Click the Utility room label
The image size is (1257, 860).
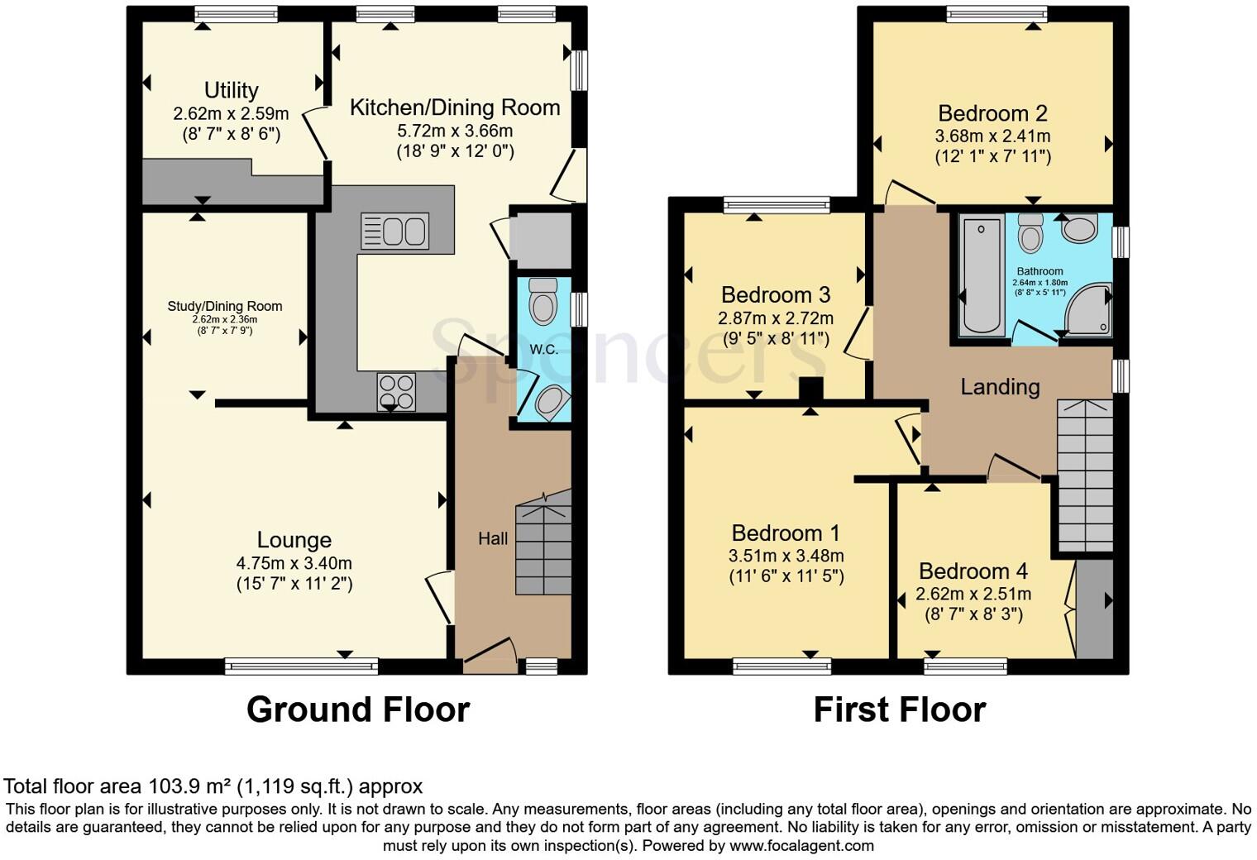(x=232, y=90)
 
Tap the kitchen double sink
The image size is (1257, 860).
(x=394, y=231)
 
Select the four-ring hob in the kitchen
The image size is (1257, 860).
(x=396, y=392)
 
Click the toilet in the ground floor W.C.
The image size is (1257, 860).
(x=542, y=302)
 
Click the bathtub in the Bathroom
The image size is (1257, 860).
(x=982, y=275)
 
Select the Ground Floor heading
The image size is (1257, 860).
(x=357, y=709)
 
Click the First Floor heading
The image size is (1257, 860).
(x=899, y=709)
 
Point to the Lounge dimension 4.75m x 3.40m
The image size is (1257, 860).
(x=294, y=563)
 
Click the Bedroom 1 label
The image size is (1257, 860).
(x=786, y=533)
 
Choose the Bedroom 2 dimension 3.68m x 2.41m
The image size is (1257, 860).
(x=992, y=136)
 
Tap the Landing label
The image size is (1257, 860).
(x=1000, y=386)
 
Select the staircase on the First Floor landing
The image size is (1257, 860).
(x=1085, y=475)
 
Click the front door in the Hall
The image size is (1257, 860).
(x=488, y=650)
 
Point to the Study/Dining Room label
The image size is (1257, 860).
(x=225, y=306)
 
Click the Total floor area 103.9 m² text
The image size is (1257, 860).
(x=213, y=786)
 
